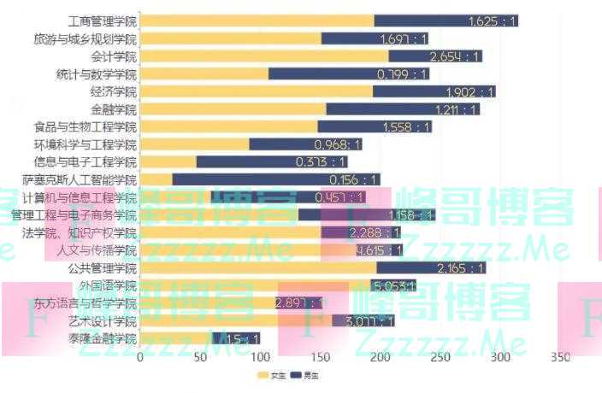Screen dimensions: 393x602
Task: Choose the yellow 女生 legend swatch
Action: click(x=263, y=375)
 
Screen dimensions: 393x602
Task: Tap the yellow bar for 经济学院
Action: click(x=256, y=91)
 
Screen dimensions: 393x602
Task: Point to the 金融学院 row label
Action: click(x=113, y=109)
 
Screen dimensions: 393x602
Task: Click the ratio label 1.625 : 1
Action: click(x=493, y=21)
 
